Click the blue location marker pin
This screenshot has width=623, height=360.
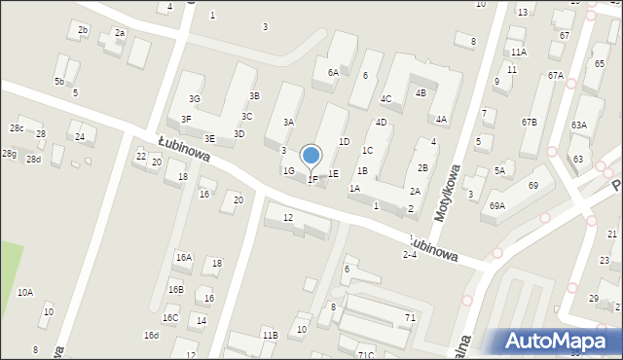(x=311, y=156)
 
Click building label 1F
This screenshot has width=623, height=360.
(x=312, y=179)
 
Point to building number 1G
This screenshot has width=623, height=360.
(x=288, y=170)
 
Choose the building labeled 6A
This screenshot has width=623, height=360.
(x=333, y=72)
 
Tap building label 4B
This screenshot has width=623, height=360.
(x=421, y=92)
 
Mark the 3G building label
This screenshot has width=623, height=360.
(x=195, y=98)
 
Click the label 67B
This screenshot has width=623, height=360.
(x=529, y=122)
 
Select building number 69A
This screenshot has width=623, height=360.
(x=497, y=205)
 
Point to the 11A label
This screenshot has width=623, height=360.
(x=518, y=52)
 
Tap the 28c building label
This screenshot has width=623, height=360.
(x=17, y=128)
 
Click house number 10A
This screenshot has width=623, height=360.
(x=25, y=292)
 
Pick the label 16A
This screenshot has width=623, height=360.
(x=183, y=257)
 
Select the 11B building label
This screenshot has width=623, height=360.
(x=270, y=335)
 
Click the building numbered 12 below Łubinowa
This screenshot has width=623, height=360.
(x=287, y=217)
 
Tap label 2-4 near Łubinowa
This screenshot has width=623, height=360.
(x=410, y=254)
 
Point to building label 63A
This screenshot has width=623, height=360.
(x=579, y=125)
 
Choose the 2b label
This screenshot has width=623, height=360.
(x=83, y=30)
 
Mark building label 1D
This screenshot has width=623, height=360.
(x=344, y=141)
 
